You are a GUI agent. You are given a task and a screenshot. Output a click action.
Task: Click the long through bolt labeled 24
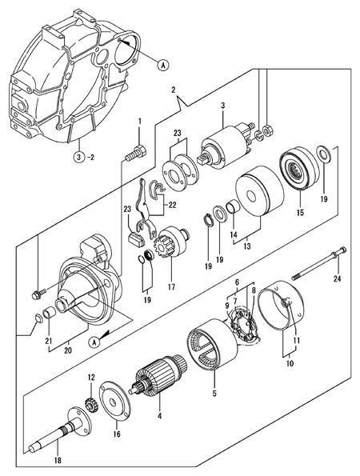pyautogui.click(x=317, y=265)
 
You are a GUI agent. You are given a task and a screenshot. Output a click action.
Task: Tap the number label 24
pyautogui.click(x=337, y=279)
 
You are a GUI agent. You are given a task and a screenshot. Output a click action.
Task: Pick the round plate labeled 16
pyautogui.click(x=117, y=405)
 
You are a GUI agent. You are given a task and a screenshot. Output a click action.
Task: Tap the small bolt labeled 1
pyautogui.click(x=138, y=150)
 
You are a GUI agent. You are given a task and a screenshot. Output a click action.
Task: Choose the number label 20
pyautogui.click(x=67, y=350)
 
